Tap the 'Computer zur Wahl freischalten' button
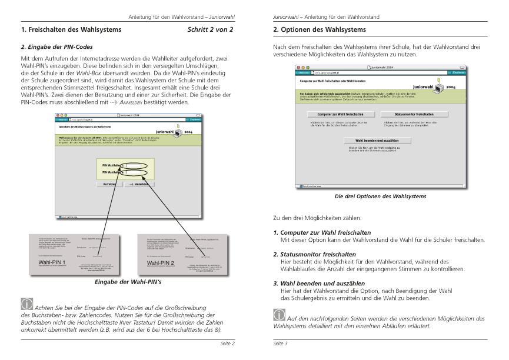click(x=335, y=114)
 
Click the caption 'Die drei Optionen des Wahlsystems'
click(x=380, y=196)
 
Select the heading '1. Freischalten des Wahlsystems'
click(x=71, y=29)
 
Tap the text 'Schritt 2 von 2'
click(x=210, y=29)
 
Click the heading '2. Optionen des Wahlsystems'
click(x=319, y=29)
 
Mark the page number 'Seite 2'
click(x=228, y=343)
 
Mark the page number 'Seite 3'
click(x=281, y=343)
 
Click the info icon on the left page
click(x=27, y=304)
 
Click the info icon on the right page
click(x=280, y=315)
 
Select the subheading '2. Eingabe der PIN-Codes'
click(x=56, y=46)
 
